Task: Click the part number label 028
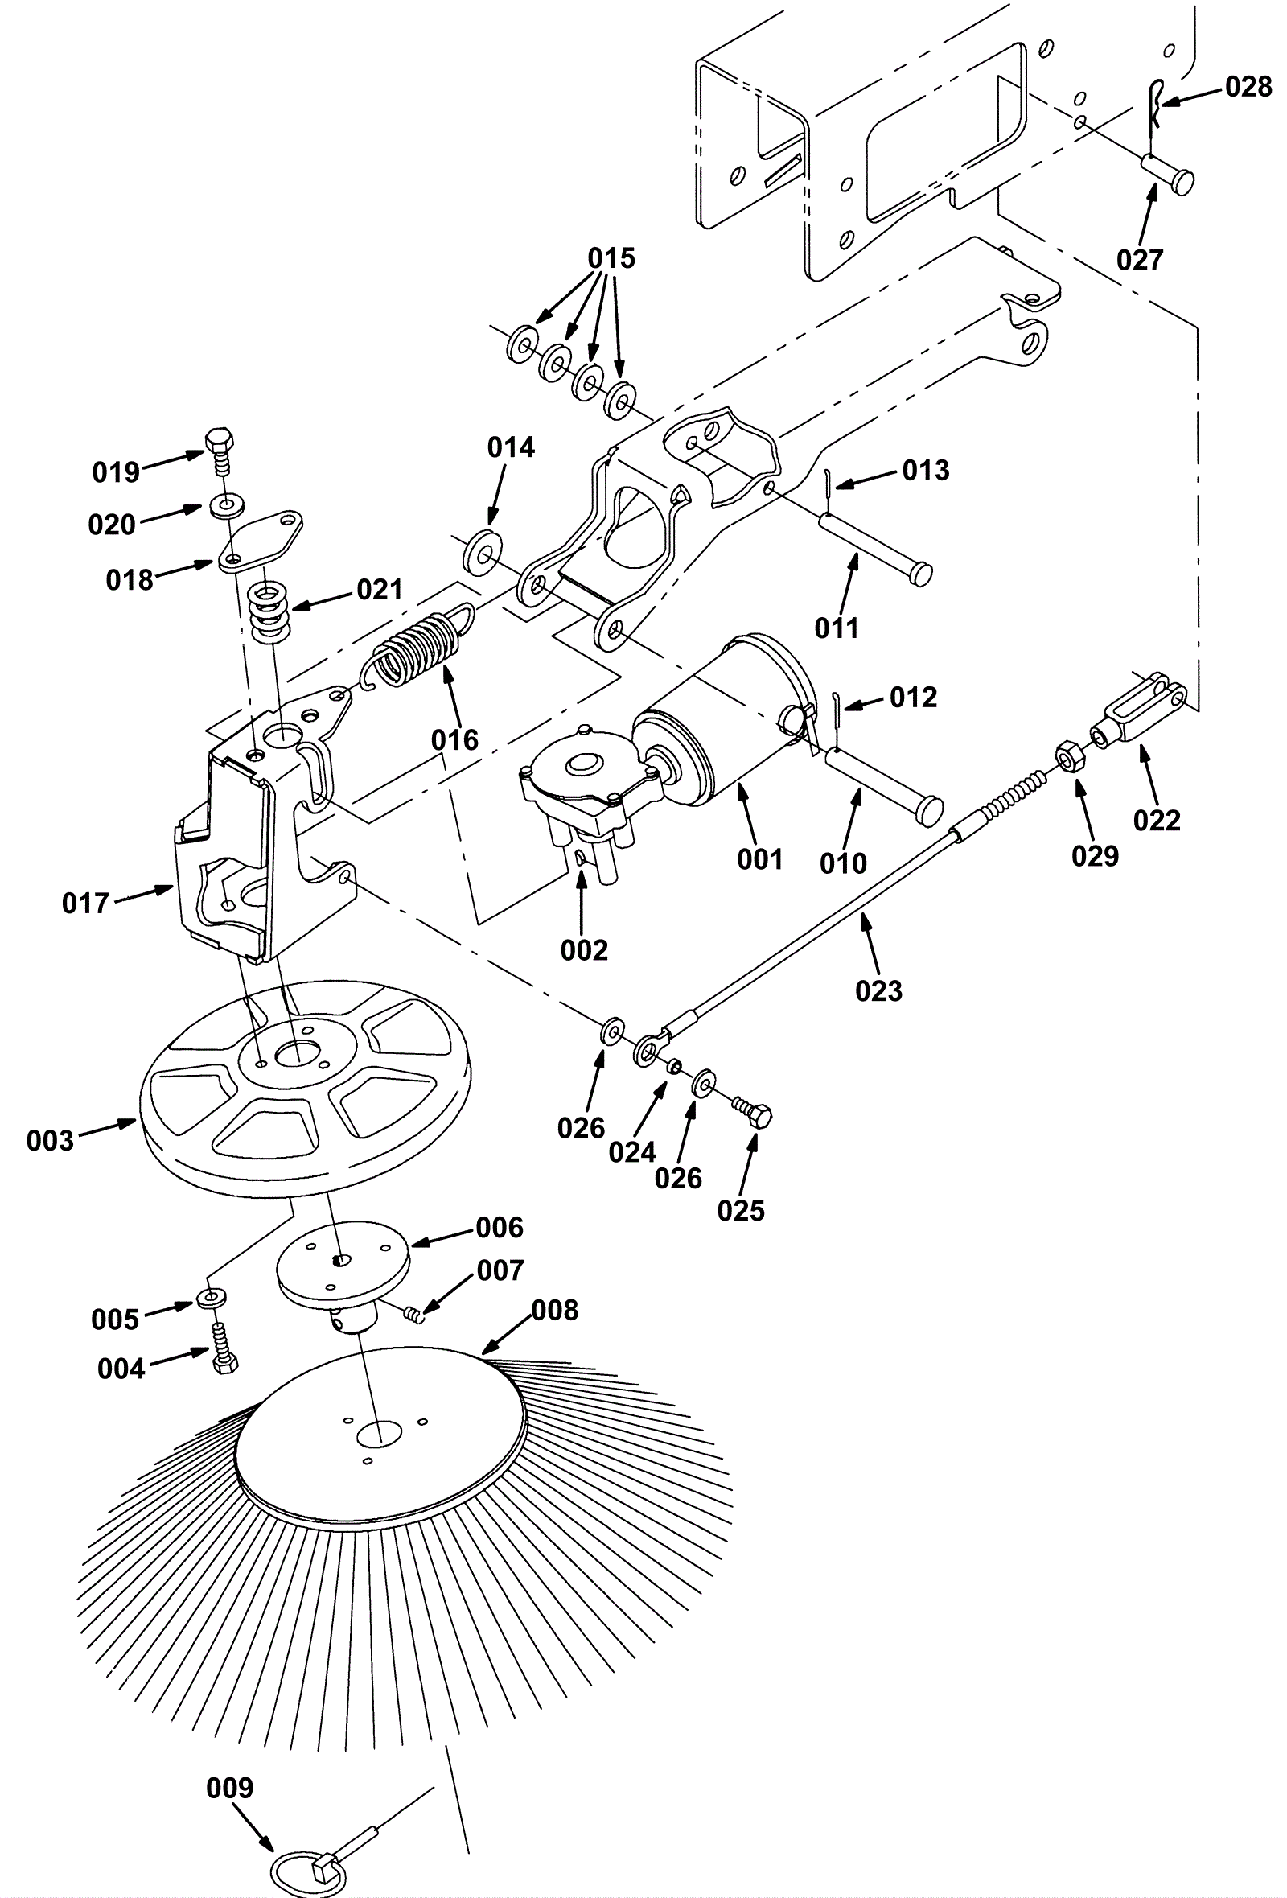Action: coord(1248,86)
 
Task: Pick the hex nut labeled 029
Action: coord(1068,757)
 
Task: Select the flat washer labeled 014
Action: coord(483,551)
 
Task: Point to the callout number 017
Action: coord(85,903)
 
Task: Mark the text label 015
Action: coord(611,258)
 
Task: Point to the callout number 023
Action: coord(878,990)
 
